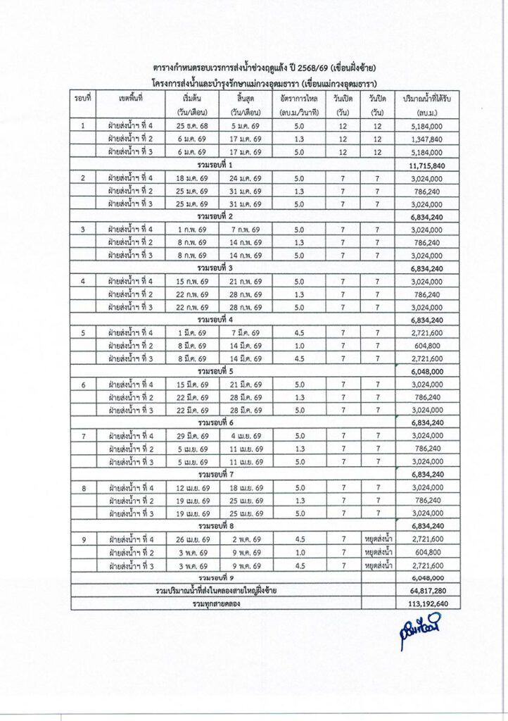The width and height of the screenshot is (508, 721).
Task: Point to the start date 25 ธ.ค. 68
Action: pos(192,126)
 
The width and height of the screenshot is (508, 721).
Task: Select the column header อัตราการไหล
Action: pos(297,99)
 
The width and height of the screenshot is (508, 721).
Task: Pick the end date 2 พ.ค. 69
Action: pos(246,539)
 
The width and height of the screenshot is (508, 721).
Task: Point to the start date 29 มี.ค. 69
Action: pos(192,436)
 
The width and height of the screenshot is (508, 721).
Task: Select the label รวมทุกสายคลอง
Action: pos(216,603)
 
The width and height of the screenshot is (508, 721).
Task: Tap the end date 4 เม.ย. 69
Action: pos(246,436)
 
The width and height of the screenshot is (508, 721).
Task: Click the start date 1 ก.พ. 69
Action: pos(192,229)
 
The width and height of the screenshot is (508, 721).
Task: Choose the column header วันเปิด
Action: pos(343,99)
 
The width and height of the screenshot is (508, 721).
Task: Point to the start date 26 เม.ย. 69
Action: pos(192,539)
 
